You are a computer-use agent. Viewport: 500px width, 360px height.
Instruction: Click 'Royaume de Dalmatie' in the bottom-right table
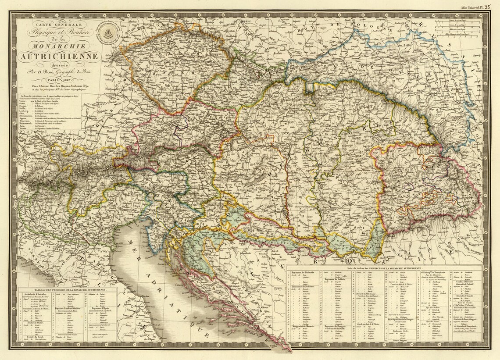[x=302, y=272]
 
